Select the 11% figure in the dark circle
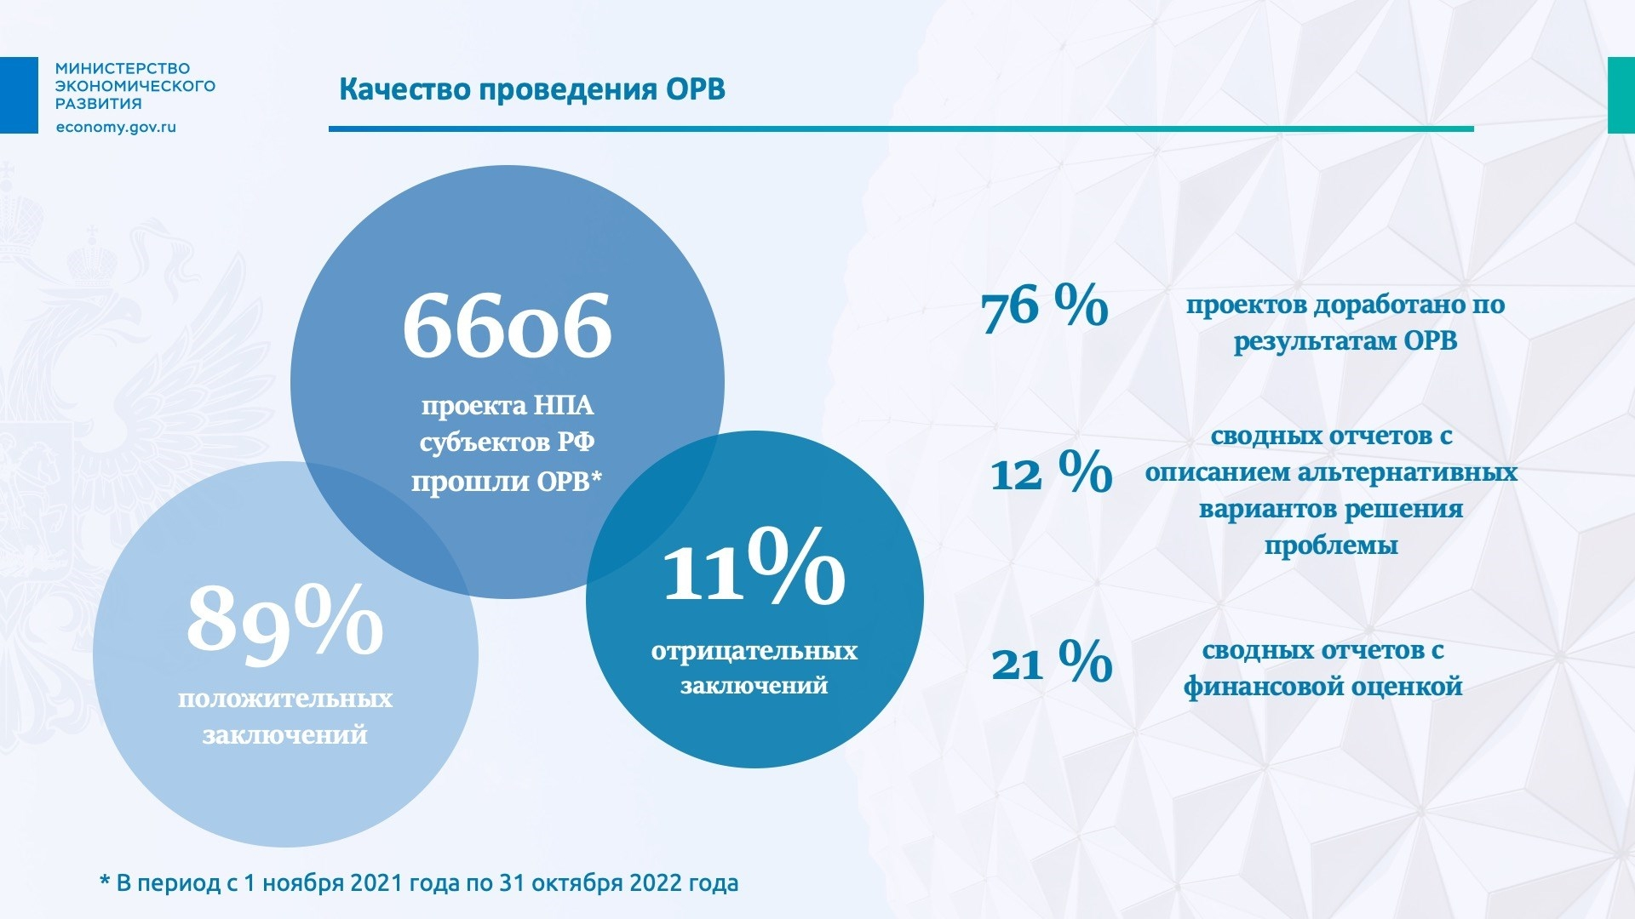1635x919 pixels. pyautogui.click(x=754, y=566)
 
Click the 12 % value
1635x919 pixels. pyautogui.click(x=1051, y=473)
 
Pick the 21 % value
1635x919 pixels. pyautogui.click(x=1052, y=663)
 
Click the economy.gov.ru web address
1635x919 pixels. pyautogui.click(x=116, y=127)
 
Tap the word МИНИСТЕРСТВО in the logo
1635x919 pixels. pyautogui.click(x=123, y=68)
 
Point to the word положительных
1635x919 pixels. pyautogui.click(x=285, y=699)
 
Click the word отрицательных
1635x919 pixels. pyautogui.click(x=754, y=652)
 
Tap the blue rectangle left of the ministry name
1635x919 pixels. pyautogui.click(x=19, y=94)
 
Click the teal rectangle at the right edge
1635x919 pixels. pyautogui.click(x=1621, y=94)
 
